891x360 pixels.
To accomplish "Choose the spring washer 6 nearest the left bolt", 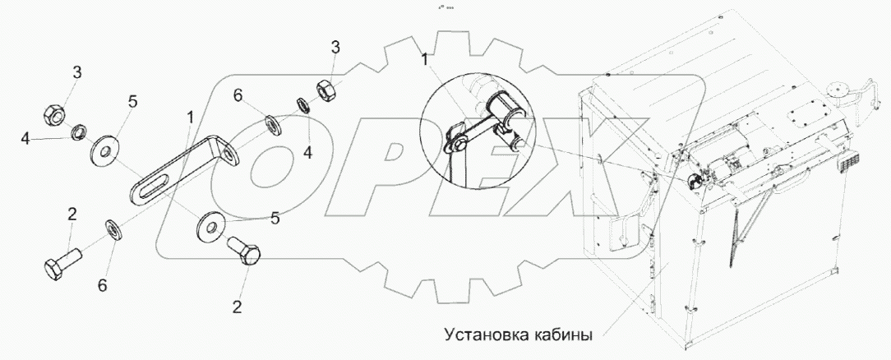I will pos(113,228).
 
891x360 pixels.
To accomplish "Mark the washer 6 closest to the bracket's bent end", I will pos(270,125).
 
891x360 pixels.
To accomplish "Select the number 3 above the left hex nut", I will pos(76,73).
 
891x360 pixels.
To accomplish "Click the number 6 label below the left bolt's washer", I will pos(103,285).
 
